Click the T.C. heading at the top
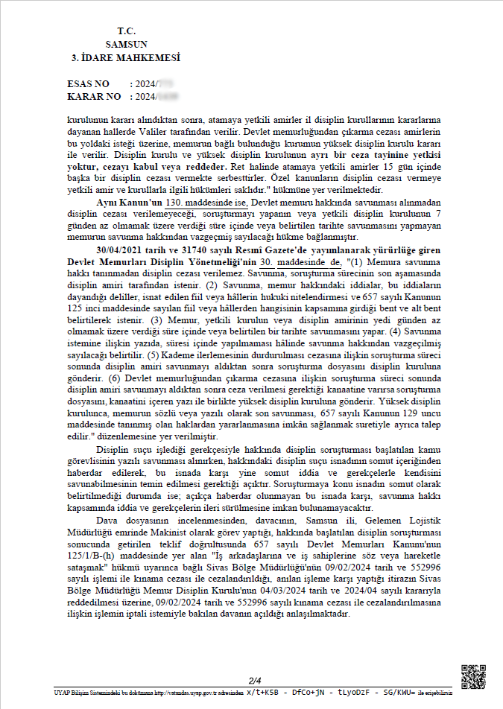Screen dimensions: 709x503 coord(126,31)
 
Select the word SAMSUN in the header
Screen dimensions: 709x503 coord(126,44)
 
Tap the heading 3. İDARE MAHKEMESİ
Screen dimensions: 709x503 coord(126,57)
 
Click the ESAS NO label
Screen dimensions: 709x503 coord(88,84)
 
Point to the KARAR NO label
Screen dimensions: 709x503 coord(93,97)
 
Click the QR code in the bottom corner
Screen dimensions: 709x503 coord(473,675)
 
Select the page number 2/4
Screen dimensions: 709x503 coord(255,680)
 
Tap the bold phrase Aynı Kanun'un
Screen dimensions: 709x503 coord(130,203)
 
